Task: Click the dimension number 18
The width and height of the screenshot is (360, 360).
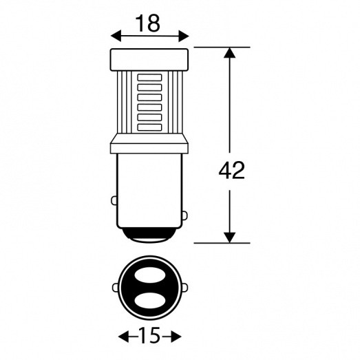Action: [x=147, y=23]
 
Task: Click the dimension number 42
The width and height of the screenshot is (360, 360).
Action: [x=232, y=170]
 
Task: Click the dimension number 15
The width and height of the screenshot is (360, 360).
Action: [x=149, y=337]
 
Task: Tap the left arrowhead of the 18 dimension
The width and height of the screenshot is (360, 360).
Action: [x=116, y=36]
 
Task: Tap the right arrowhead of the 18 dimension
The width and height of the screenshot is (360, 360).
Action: [x=184, y=36]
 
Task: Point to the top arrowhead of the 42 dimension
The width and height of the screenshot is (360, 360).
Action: [x=230, y=52]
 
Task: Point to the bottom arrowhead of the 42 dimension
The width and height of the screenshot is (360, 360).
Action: [x=230, y=237]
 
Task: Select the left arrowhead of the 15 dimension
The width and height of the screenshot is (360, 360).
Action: [x=123, y=337]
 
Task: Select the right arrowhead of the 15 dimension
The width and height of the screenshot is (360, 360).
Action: [x=176, y=337]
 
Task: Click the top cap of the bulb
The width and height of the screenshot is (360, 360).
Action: [x=149, y=60]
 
